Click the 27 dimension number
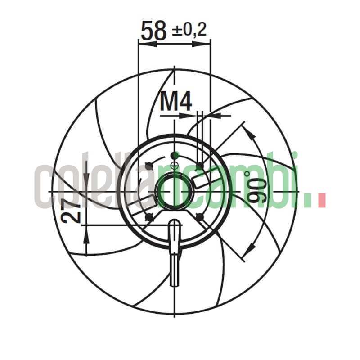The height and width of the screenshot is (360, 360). point(72,211)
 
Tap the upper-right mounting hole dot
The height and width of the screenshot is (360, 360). point(200,166)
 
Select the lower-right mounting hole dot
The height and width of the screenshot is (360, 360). point(200,217)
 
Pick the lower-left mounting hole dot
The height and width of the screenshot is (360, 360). point(148,217)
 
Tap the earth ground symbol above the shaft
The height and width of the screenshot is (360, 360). point(175,166)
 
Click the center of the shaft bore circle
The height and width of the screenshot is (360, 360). point(175,191)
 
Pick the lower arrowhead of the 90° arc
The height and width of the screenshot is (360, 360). point(249,249)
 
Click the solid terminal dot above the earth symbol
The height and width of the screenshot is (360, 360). point(175,155)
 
